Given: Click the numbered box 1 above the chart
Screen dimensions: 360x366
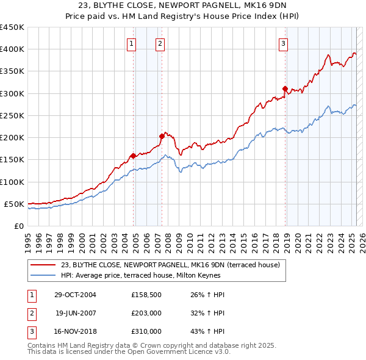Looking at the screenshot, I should click(x=132, y=43).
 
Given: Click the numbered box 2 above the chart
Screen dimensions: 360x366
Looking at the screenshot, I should click(x=160, y=43).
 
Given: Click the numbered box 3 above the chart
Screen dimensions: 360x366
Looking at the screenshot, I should click(x=284, y=43).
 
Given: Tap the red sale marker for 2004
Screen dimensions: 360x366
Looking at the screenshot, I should click(x=133, y=156).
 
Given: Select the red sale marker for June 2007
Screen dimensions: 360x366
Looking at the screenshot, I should click(x=162, y=136).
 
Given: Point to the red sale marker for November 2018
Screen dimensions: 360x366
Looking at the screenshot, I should click(x=285, y=89).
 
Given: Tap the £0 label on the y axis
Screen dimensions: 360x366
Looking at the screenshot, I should click(x=18, y=226).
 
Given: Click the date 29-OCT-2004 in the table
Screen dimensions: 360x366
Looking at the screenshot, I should click(x=75, y=295).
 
